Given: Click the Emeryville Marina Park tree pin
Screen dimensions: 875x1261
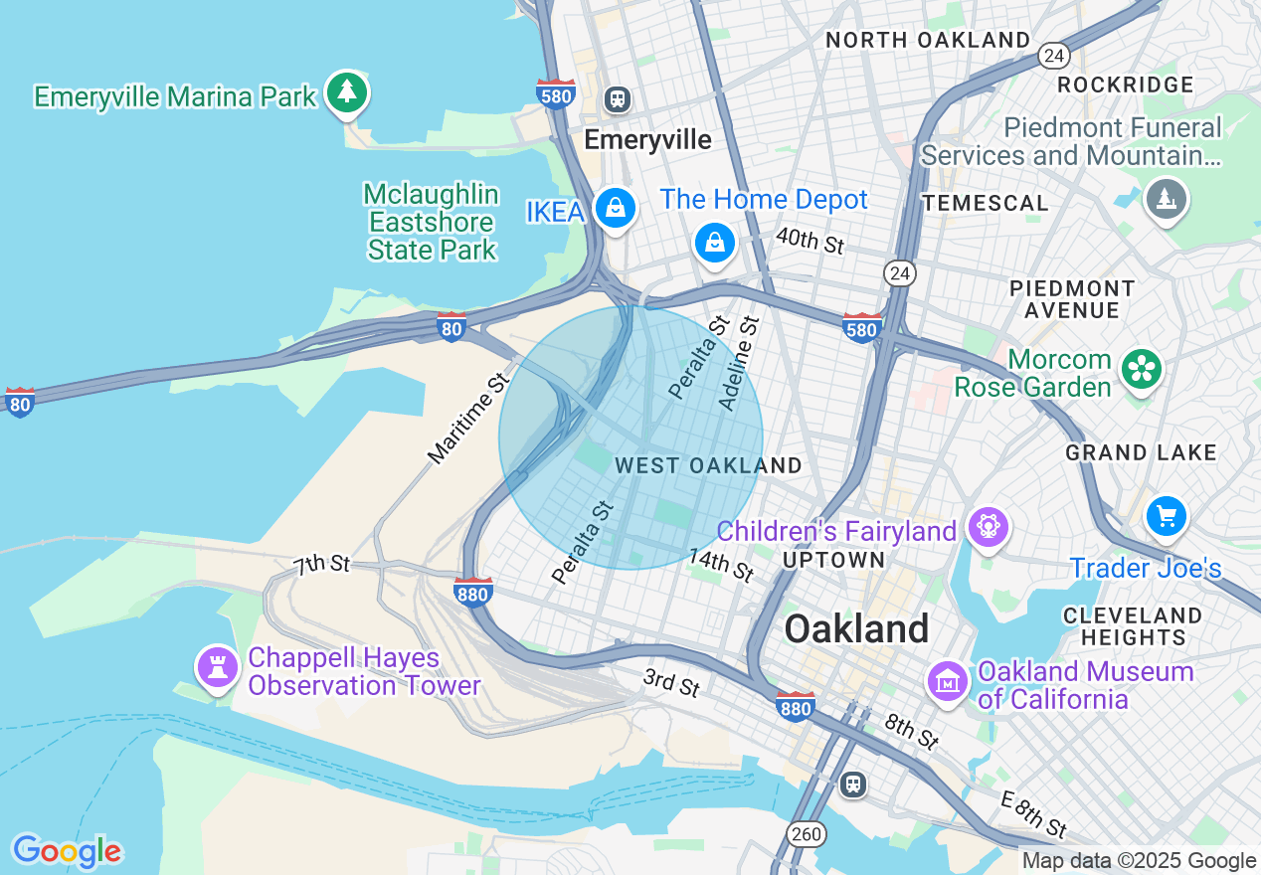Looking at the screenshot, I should tap(346, 92).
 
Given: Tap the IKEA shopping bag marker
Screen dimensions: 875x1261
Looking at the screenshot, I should tap(616, 209).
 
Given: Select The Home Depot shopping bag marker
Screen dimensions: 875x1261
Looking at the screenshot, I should tap(714, 243).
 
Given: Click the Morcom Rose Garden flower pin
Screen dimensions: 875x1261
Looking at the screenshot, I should tap(1142, 370).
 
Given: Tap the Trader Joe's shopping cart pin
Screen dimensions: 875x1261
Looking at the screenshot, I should tap(1166, 516).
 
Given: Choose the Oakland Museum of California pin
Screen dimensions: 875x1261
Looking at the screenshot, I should tap(948, 682).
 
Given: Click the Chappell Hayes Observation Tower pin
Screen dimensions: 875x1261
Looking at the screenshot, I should tap(218, 667).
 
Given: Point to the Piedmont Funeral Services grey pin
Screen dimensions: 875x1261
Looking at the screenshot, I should tap(1166, 199).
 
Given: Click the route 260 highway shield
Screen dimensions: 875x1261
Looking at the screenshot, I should tap(808, 833).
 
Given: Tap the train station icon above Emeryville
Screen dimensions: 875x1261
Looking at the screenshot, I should tap(618, 98).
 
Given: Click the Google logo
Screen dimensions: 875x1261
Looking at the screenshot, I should tap(67, 851).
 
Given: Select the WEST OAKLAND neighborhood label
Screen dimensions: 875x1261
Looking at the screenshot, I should tap(708, 465).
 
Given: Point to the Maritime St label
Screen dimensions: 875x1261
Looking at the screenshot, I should tap(468, 419).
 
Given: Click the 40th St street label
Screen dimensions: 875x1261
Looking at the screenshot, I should tap(810, 240).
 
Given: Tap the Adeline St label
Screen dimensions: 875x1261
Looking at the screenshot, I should tap(739, 363).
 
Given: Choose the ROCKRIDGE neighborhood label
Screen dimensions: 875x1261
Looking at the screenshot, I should tap(1125, 85).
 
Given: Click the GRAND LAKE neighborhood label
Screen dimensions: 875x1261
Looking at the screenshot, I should tap(1141, 453).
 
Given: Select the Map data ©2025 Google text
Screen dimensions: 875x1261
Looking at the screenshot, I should tap(1140, 861).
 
